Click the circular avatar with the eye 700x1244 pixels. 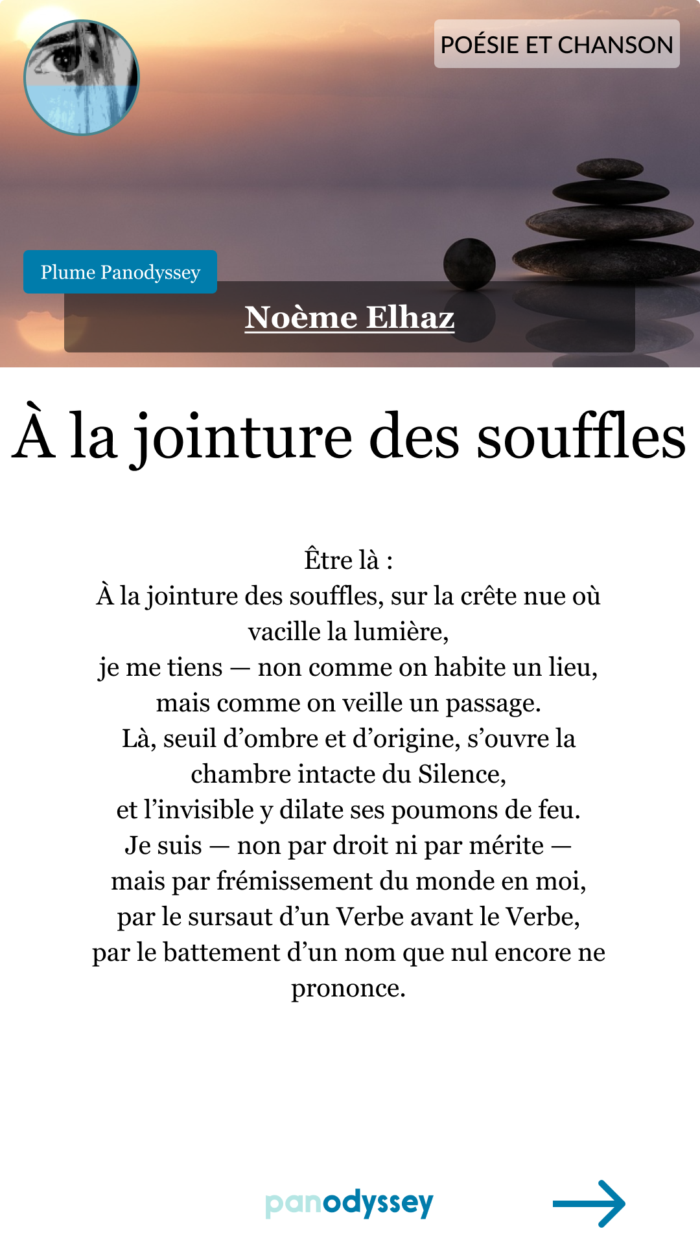click(x=82, y=78)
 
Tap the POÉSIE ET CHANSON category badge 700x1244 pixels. click(x=557, y=44)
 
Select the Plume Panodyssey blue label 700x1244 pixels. click(x=120, y=272)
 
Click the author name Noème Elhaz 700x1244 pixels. click(x=349, y=317)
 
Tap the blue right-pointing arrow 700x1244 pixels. click(x=589, y=1203)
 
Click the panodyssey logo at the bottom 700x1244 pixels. click(x=349, y=1203)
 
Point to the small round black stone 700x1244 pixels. click(x=469, y=264)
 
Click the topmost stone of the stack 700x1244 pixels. click(x=610, y=169)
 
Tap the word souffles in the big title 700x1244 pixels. click(x=581, y=437)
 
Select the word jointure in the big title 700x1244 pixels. click(x=243, y=437)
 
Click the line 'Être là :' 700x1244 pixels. click(x=349, y=560)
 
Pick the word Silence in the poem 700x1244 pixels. click(x=461, y=774)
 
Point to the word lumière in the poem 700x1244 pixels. click(x=410, y=632)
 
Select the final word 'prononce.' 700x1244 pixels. click(x=349, y=989)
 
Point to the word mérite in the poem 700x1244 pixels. click(x=506, y=846)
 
